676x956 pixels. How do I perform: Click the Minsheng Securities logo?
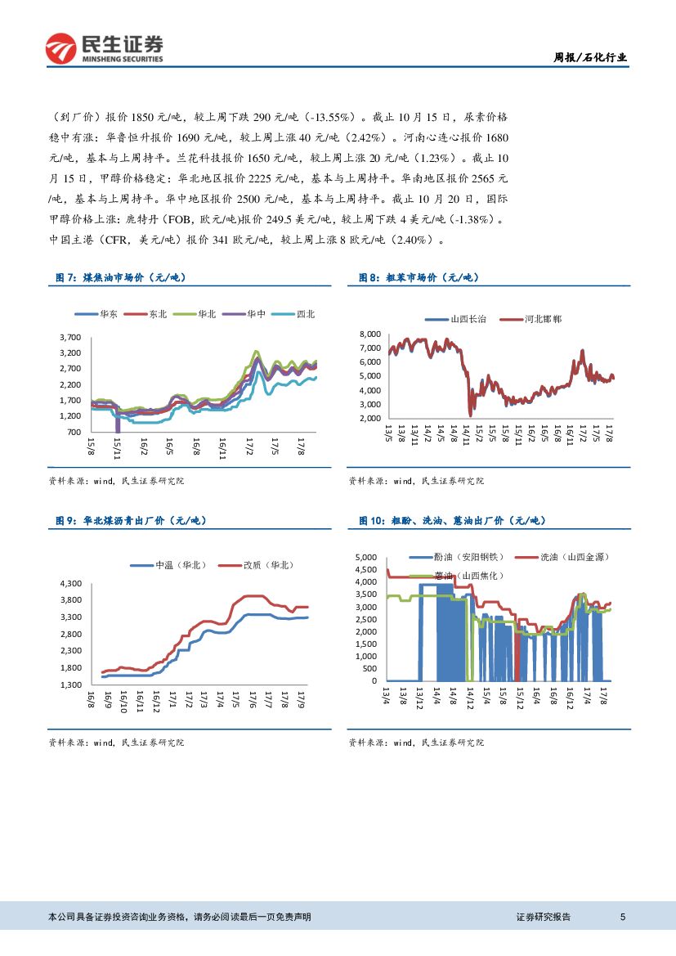point(104,49)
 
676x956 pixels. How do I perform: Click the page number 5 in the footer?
point(623,917)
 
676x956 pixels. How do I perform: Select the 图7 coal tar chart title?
point(120,278)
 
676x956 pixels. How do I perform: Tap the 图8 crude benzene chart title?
point(419,278)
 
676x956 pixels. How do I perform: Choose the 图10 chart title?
point(451,520)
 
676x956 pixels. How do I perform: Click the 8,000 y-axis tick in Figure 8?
point(370,334)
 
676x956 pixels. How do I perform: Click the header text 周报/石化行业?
point(591,57)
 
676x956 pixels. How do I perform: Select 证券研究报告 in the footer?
point(544,917)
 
